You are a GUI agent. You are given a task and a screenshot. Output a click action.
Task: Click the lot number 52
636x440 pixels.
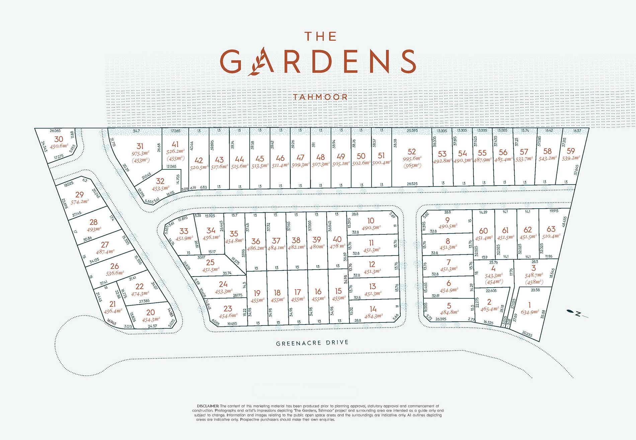[x=412, y=152]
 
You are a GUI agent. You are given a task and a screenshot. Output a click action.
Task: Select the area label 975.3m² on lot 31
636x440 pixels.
[x=140, y=153]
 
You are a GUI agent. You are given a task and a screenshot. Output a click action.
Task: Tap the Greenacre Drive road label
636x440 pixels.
[x=312, y=343]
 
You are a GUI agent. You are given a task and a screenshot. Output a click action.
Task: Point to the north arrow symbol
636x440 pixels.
[x=576, y=314]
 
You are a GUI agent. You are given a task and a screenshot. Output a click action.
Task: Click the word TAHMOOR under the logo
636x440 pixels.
[x=320, y=97]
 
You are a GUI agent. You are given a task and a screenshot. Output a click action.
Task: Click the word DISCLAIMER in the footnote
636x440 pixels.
[x=208, y=406]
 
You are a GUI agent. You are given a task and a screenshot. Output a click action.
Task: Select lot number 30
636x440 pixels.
[x=59, y=139]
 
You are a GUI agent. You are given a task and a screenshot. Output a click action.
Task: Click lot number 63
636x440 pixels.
[x=551, y=229]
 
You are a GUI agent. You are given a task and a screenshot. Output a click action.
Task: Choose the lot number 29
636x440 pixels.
[x=79, y=195]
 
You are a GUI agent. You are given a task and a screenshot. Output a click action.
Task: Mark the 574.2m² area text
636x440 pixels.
[x=80, y=202]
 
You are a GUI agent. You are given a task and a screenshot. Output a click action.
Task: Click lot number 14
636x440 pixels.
[x=373, y=309]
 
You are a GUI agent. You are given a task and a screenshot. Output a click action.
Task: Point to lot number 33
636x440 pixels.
[x=184, y=231]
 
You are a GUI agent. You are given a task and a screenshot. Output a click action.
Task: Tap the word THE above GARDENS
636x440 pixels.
[x=320, y=36]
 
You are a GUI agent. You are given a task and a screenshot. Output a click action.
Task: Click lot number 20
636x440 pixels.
[x=150, y=312]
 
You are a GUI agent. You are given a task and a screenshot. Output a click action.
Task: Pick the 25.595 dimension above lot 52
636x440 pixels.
[x=412, y=131]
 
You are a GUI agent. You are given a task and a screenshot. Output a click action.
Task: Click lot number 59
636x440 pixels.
[x=570, y=151]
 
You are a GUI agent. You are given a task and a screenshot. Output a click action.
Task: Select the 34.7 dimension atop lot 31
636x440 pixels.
[x=136, y=131]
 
